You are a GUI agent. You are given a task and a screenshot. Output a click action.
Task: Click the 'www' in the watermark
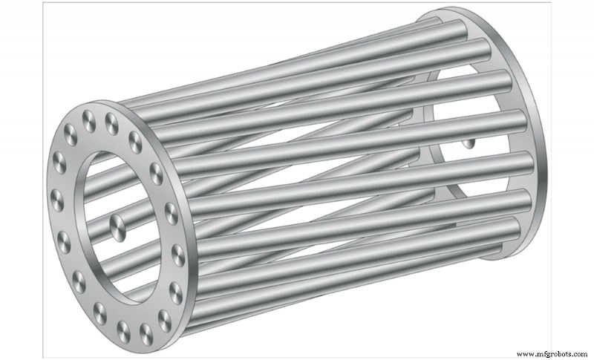524,353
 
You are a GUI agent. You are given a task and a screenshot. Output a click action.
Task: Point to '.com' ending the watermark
580,353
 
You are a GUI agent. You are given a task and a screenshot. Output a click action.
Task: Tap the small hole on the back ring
468,143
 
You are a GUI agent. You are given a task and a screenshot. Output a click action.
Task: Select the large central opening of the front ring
111,223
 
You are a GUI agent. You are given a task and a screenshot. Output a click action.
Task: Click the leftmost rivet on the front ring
56,199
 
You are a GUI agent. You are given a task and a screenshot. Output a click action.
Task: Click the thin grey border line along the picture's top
297,2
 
